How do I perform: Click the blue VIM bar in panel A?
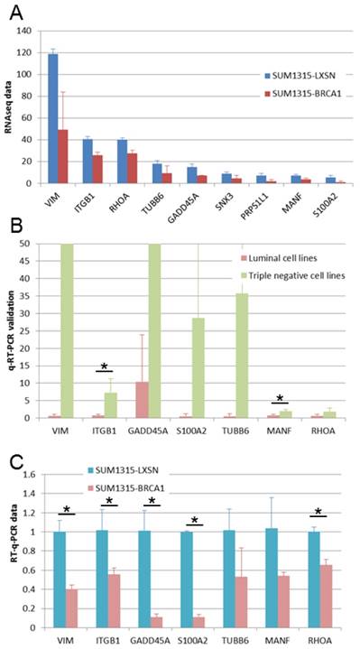click(53, 118)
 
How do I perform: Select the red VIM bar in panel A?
click(63, 156)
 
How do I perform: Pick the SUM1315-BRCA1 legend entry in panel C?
click(125, 488)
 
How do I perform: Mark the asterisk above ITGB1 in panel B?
click(105, 366)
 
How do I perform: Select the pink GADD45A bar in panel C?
click(155, 623)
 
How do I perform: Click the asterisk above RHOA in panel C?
click(318, 511)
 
